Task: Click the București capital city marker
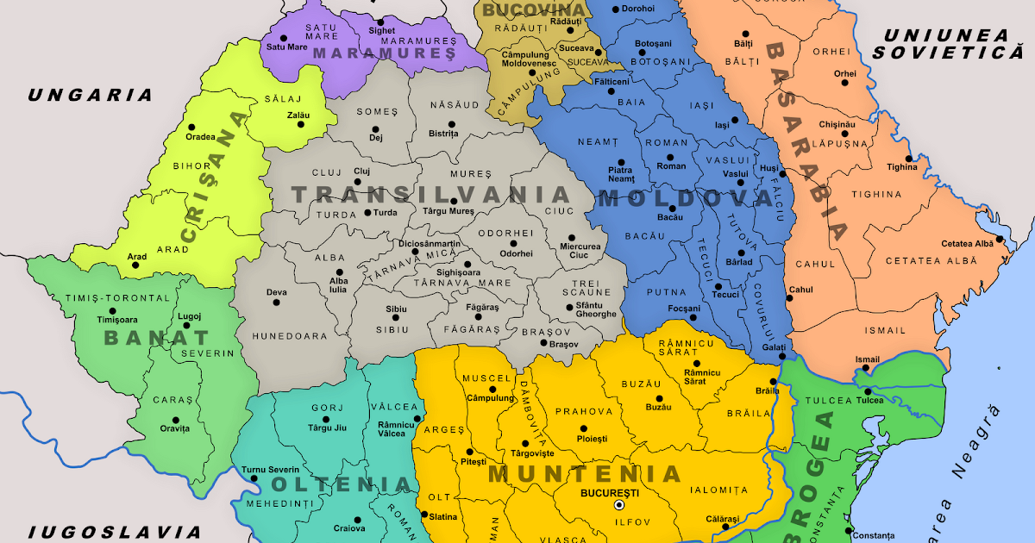click(618, 505)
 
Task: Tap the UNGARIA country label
click(90, 96)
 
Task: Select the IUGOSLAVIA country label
click(114, 532)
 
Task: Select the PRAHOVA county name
click(583, 412)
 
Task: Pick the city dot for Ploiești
click(584, 428)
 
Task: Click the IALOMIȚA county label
click(718, 490)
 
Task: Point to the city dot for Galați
click(781, 356)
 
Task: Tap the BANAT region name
click(156, 338)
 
